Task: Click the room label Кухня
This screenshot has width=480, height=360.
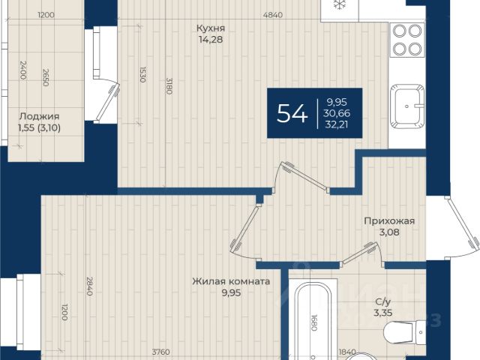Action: tap(211, 28)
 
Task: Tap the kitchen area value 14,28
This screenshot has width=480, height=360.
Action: tap(211, 40)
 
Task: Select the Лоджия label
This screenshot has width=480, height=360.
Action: tap(39, 116)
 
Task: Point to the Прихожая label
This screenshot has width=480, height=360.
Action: tap(389, 220)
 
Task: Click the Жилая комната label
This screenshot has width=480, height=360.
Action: tap(231, 281)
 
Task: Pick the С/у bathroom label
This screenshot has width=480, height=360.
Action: tap(383, 301)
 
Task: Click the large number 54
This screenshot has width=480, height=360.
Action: tap(292, 113)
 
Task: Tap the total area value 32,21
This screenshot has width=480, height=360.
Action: tap(337, 124)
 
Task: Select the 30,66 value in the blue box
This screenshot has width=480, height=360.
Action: tap(337, 113)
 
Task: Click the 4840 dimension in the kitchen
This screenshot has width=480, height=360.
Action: tap(273, 15)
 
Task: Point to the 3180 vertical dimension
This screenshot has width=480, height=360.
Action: tap(169, 85)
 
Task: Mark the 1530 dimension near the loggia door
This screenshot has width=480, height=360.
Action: tap(142, 75)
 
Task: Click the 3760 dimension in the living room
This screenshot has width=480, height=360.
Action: tap(160, 352)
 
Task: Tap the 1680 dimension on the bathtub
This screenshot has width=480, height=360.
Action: tap(313, 322)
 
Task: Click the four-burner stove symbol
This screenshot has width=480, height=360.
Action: tap(407, 40)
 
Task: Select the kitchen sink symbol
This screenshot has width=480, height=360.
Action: tap(407, 106)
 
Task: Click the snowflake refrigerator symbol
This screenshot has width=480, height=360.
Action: tap(339, 4)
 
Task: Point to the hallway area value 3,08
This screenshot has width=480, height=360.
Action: tap(389, 232)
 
